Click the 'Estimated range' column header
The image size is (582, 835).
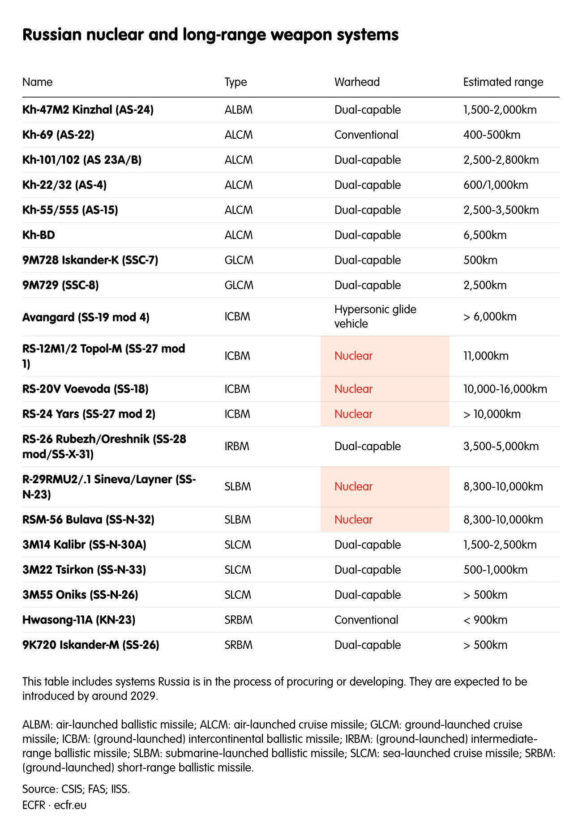click(x=503, y=82)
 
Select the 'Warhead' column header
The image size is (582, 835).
click(x=357, y=82)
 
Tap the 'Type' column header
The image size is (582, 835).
click(x=235, y=82)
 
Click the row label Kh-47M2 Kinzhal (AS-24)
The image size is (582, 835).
click(x=88, y=110)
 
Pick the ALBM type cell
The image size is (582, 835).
click(x=239, y=110)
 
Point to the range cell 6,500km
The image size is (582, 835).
click(x=485, y=235)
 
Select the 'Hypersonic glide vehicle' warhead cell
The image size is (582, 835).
click(x=375, y=316)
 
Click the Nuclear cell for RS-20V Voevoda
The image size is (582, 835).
click(x=353, y=389)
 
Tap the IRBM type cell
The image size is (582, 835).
click(x=237, y=447)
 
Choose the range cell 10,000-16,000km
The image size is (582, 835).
click(x=505, y=389)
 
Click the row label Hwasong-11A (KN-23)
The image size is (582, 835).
click(x=79, y=620)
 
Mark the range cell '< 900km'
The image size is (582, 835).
click(x=485, y=620)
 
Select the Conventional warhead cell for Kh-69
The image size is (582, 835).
click(x=366, y=135)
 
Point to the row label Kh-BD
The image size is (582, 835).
click(x=39, y=235)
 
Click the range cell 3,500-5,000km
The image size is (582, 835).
click(x=501, y=447)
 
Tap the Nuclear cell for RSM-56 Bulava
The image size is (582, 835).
click(x=353, y=520)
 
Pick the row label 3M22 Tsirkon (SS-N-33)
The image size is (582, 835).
click(x=84, y=570)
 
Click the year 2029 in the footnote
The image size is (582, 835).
click(x=144, y=696)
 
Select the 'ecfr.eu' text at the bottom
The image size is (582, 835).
click(x=70, y=805)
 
